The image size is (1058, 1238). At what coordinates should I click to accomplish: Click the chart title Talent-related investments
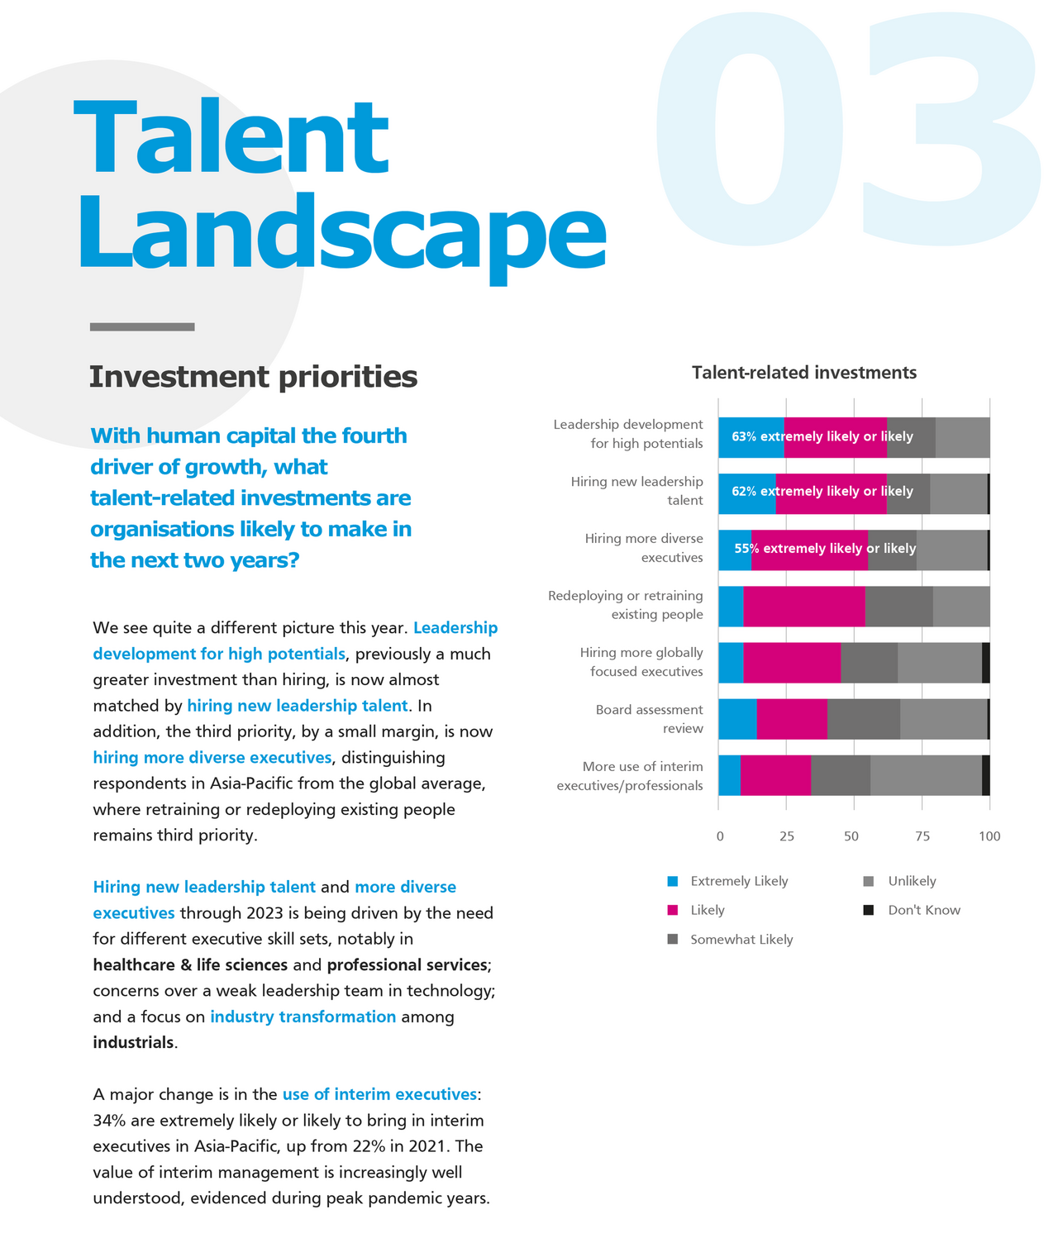point(803,373)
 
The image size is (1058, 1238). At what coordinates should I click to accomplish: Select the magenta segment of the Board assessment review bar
point(791,719)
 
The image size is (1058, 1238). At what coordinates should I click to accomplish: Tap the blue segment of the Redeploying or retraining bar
point(731,607)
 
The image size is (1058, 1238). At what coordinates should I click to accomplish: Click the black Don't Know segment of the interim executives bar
point(985,775)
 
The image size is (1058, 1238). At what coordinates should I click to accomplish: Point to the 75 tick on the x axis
point(922,836)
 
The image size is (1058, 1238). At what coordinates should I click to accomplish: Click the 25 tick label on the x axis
point(786,836)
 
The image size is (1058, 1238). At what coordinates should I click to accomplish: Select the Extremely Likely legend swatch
point(673,881)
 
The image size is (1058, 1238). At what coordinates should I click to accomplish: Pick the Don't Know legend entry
point(923,910)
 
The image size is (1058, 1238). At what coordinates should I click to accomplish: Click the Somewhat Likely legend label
point(741,940)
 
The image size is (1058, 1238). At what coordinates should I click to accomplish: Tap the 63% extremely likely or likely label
point(822,436)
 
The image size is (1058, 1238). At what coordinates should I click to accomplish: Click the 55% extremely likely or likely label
point(825,548)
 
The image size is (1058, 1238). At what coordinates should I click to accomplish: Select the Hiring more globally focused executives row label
point(641,662)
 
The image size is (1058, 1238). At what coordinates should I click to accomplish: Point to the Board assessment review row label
point(650,719)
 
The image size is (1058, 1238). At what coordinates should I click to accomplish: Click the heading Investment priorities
point(253,377)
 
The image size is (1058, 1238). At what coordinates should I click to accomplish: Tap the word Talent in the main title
point(231,136)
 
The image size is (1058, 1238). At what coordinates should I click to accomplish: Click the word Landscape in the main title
point(341,233)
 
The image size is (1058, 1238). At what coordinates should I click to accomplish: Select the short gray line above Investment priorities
point(142,327)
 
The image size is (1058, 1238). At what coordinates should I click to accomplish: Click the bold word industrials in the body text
point(133,1042)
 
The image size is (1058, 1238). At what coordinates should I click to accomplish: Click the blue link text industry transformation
point(303,1017)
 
